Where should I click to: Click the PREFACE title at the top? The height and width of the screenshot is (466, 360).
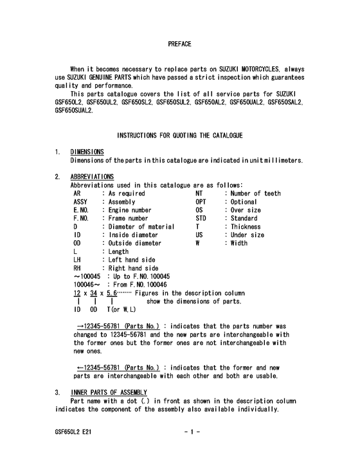pyautogui.click(x=179, y=44)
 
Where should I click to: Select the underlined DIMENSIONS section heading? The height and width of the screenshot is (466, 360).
pyautogui.click(x=87, y=152)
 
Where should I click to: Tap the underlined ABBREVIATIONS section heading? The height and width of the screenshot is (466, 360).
pyautogui.click(x=92, y=176)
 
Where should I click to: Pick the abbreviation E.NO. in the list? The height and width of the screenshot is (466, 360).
pyautogui.click(x=82, y=210)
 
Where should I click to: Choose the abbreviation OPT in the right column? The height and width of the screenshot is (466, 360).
pyautogui.click(x=202, y=201)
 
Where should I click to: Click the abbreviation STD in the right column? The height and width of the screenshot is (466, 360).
pyautogui.click(x=202, y=218)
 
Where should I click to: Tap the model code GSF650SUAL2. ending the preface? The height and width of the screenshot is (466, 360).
pyautogui.click(x=74, y=110)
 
